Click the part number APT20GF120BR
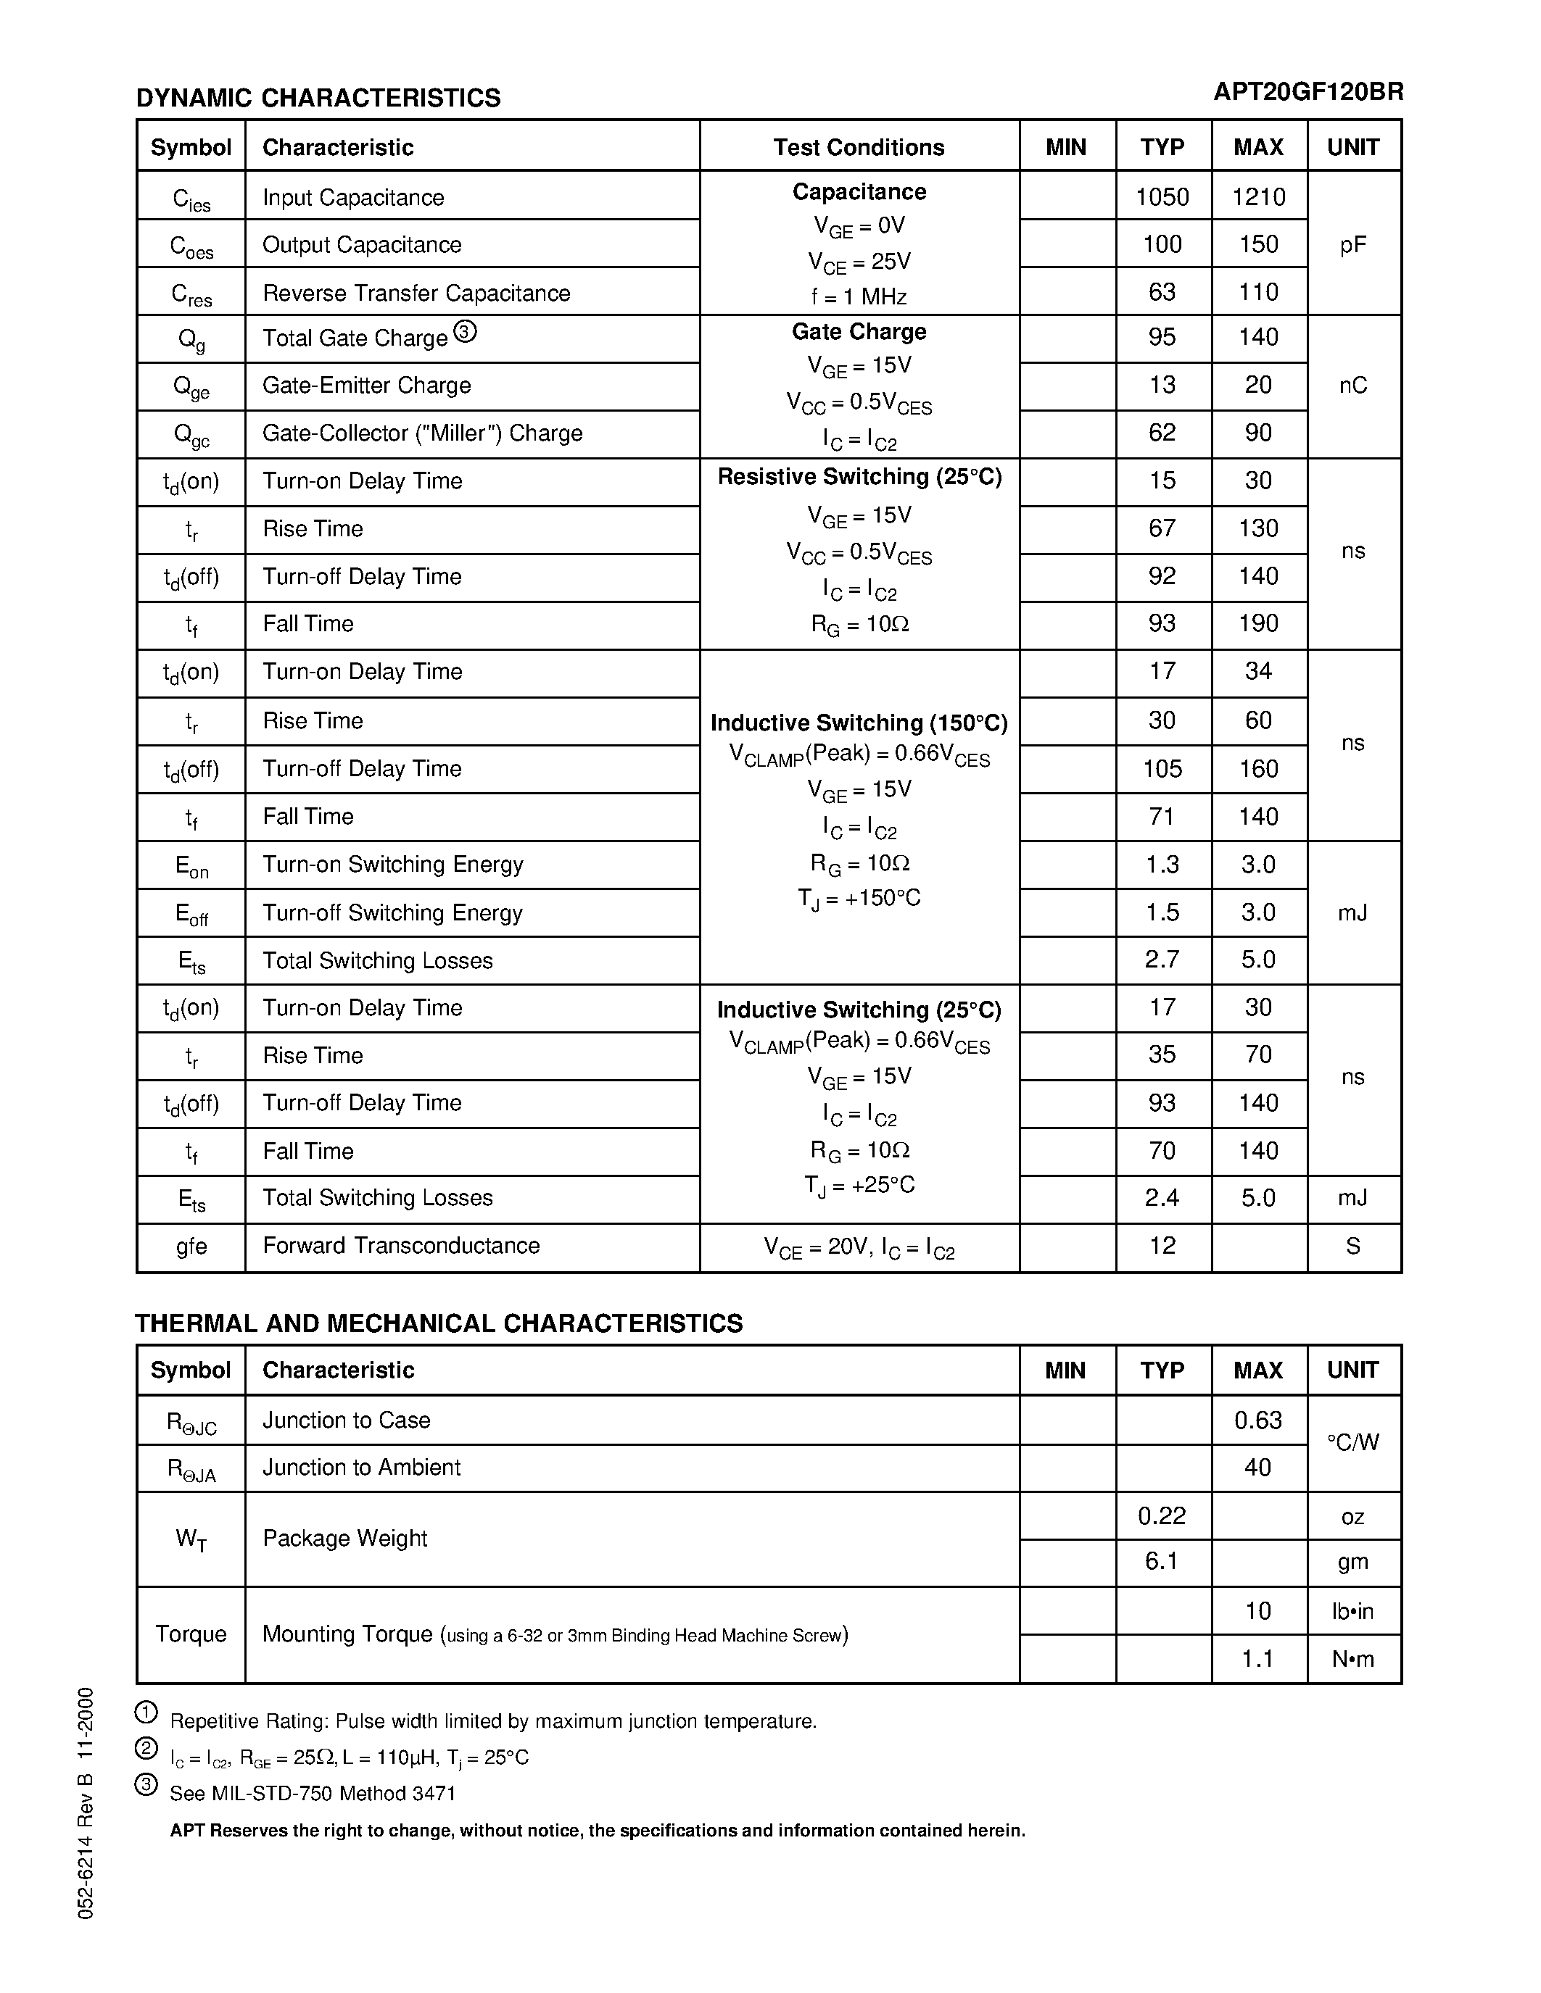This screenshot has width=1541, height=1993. (x=1307, y=92)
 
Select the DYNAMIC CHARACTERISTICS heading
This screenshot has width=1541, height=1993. (x=318, y=98)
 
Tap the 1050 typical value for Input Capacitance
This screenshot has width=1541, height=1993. (x=1162, y=197)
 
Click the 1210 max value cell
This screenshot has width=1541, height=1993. (x=1258, y=197)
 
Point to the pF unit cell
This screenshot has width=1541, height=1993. (x=1353, y=244)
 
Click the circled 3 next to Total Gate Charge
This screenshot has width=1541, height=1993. (x=465, y=332)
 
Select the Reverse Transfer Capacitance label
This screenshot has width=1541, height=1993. (x=416, y=293)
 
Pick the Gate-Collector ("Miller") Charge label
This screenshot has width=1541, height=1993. (x=422, y=433)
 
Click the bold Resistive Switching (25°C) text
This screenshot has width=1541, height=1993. (x=859, y=478)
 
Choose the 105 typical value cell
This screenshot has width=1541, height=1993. (x=1162, y=768)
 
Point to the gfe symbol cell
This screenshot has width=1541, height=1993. (x=191, y=1246)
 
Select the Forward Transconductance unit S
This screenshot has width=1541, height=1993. (x=1353, y=1246)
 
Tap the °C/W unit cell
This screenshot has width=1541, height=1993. (x=1353, y=1443)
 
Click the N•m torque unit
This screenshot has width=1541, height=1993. (x=1353, y=1659)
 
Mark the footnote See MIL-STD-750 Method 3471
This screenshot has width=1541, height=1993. (x=313, y=1793)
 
